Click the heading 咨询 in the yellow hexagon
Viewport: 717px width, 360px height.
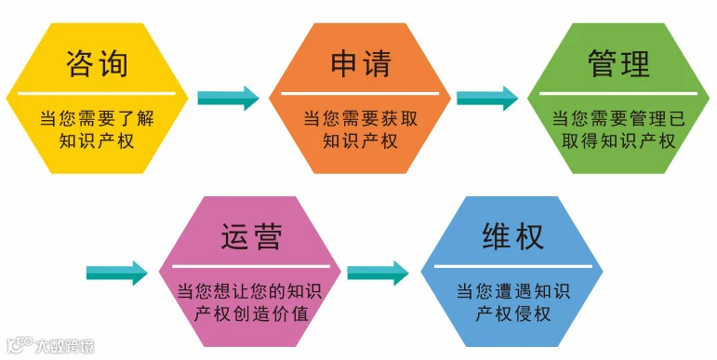coord(97,63)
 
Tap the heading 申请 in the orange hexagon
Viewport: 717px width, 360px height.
coord(361,63)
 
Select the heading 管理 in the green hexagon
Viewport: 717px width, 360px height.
coord(618,63)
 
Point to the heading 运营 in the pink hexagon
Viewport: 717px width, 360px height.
coord(251,236)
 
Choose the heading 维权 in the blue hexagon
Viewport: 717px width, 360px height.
coord(512,236)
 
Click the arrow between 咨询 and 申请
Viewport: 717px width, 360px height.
coord(228,98)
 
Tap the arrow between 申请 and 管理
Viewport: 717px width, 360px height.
coord(487,98)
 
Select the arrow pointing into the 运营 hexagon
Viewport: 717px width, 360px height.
coord(117,273)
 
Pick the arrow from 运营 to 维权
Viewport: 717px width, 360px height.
coord(378,273)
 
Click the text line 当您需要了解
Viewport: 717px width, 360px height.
coord(97,118)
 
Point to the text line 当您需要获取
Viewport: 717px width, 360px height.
coord(361,118)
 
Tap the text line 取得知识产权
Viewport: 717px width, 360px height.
coord(618,140)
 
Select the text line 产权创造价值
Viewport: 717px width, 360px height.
coord(251,313)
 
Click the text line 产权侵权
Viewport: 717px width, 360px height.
coord(512,313)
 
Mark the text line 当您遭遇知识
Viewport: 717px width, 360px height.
coord(512,291)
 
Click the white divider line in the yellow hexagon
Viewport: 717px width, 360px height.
coord(97,93)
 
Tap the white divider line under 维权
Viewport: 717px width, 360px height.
coord(513,266)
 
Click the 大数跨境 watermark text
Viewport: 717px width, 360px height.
coord(65,346)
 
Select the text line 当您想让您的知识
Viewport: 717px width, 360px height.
coord(249,291)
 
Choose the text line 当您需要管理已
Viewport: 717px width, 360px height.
coord(618,118)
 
